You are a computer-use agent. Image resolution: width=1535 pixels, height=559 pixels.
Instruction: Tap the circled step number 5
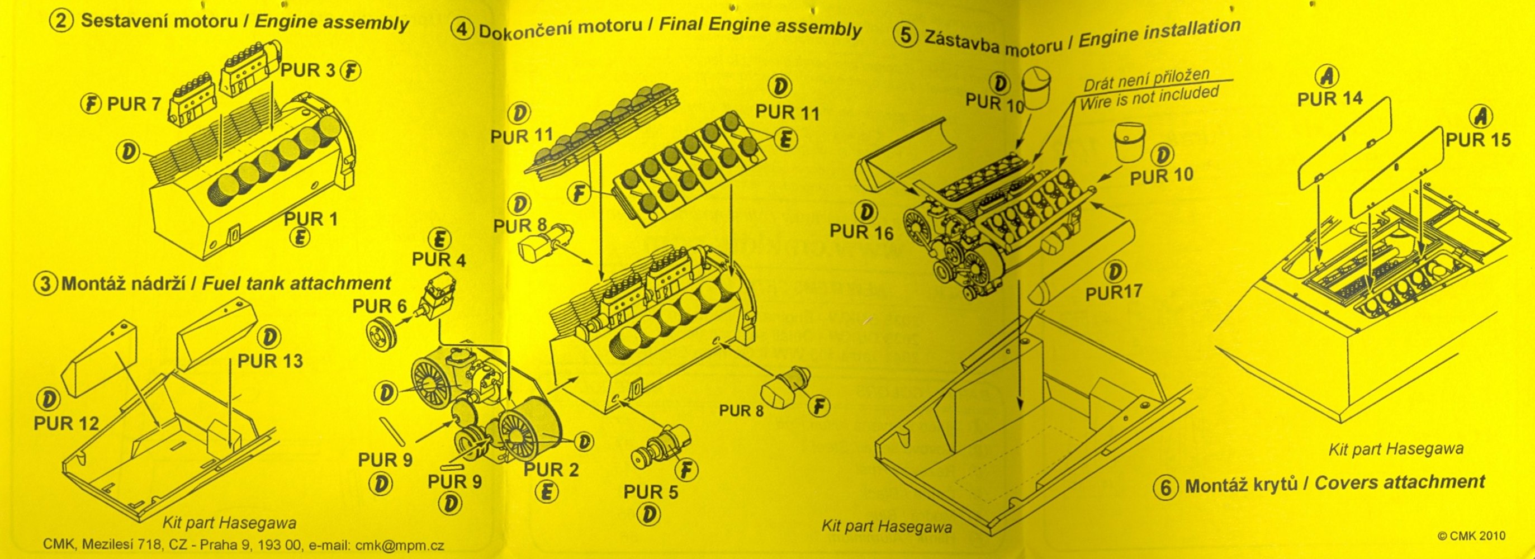(x=904, y=36)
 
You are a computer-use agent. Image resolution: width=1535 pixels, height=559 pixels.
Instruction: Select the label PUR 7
(x=134, y=105)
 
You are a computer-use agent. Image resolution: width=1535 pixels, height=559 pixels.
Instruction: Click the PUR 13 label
(x=270, y=361)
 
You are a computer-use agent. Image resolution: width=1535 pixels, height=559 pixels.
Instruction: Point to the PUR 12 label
(x=66, y=423)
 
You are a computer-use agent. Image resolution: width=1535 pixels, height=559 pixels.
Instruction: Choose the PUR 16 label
(x=861, y=233)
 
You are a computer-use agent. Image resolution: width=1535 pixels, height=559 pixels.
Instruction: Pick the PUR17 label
(x=1113, y=292)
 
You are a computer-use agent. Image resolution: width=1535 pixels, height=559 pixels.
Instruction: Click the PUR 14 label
(x=1330, y=99)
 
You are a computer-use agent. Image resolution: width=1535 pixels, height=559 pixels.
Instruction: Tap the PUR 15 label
(x=1478, y=140)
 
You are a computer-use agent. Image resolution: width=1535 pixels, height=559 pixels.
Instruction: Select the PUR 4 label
(x=439, y=260)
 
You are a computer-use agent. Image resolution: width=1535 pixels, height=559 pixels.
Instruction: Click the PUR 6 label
(x=379, y=306)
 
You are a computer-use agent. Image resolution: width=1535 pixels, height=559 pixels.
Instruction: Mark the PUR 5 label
(x=651, y=492)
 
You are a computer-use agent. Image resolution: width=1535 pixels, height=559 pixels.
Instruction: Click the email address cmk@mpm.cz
(x=399, y=545)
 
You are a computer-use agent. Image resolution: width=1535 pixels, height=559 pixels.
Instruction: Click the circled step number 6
(x=1166, y=487)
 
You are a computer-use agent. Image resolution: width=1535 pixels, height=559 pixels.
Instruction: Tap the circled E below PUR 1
(x=299, y=238)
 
